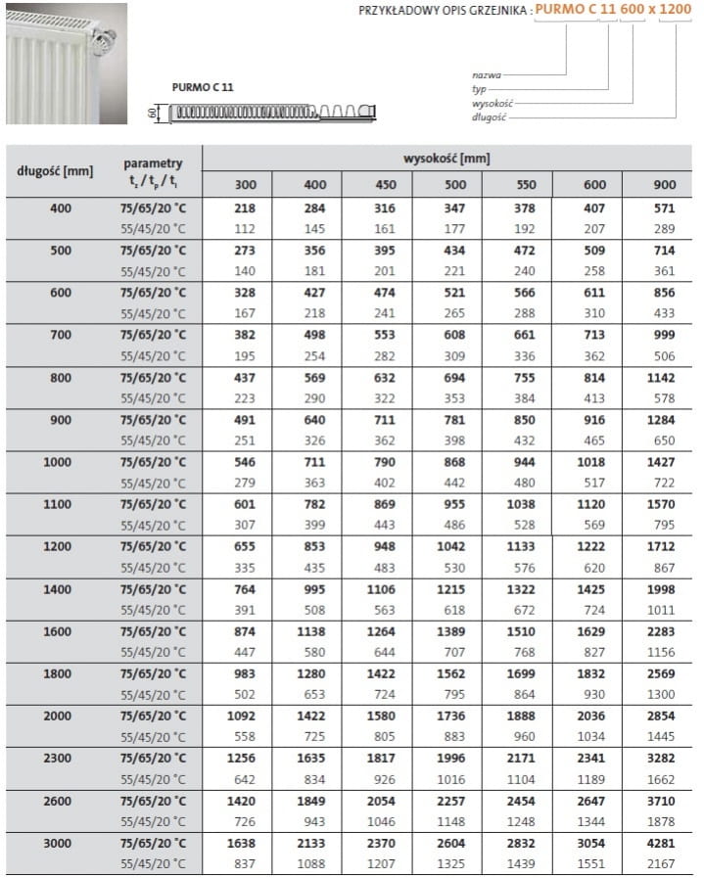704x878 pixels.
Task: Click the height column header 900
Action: pyautogui.click(x=664, y=184)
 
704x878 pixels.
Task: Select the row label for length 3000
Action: pyautogui.click(x=57, y=843)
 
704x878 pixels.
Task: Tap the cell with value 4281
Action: pyautogui.click(x=664, y=843)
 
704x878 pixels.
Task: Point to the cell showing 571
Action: pyautogui.click(x=664, y=208)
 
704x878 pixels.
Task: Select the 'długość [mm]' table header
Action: pyautogui.click(x=55, y=171)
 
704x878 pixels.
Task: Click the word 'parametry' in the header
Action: pyautogui.click(x=153, y=162)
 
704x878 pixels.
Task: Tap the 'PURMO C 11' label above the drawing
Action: pyautogui.click(x=203, y=87)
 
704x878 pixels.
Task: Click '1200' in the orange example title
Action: pyautogui.click(x=681, y=11)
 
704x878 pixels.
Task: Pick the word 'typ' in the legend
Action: pyautogui.click(x=479, y=88)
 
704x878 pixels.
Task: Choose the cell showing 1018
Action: pyautogui.click(x=594, y=462)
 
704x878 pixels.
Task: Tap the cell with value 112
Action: pyautogui.click(x=246, y=230)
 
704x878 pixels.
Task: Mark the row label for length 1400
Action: pyautogui.click(x=57, y=588)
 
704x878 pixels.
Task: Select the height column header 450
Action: pyautogui.click(x=385, y=184)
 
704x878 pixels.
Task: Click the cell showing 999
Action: pyautogui.click(x=664, y=335)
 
